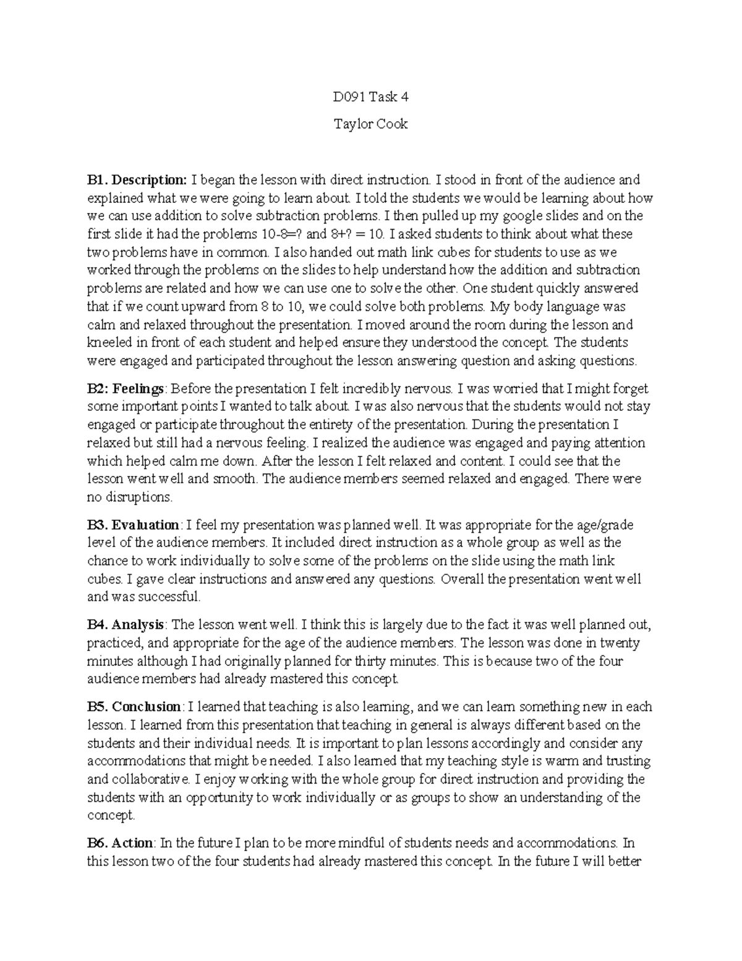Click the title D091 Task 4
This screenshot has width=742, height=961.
point(370,97)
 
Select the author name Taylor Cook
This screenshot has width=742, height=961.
point(370,124)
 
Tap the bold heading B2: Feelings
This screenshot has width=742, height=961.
point(126,389)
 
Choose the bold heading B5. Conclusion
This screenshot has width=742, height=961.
point(134,707)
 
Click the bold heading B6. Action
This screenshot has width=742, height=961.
point(121,843)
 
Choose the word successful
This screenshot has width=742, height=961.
point(169,597)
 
